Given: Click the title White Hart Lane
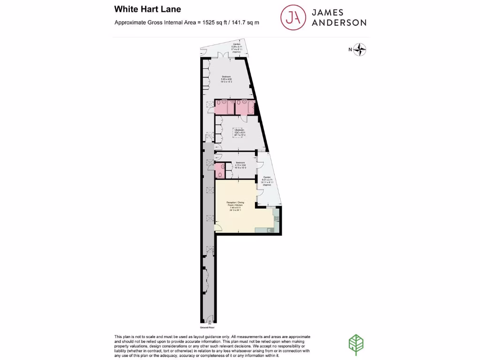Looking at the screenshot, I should tap(148, 9).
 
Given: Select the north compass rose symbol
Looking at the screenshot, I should tap(360, 49).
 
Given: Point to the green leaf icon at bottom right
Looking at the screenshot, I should tap(357, 345).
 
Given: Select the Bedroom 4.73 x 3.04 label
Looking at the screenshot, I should tap(240, 165).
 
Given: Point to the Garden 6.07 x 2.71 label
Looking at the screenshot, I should tap(267, 180).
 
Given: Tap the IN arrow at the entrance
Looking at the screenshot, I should tap(210, 322).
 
